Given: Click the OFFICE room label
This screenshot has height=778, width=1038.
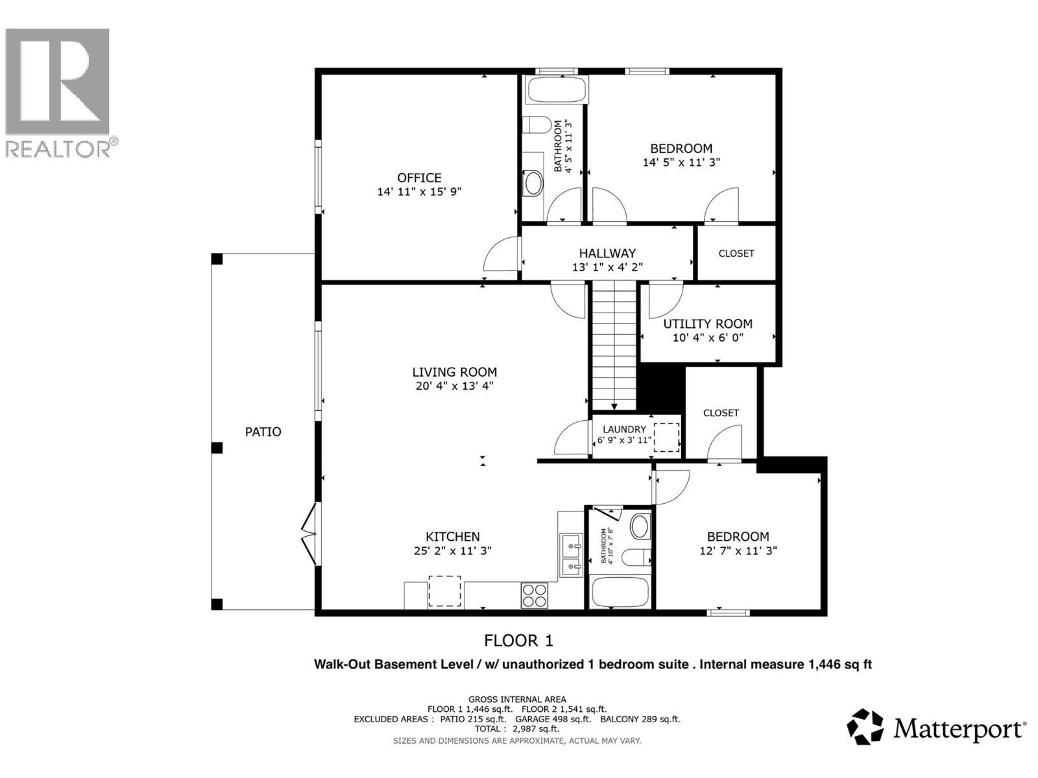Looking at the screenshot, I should point(419,178).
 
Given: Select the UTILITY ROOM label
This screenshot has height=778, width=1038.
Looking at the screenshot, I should point(708,324).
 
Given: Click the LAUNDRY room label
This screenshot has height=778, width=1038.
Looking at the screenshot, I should point(624,429).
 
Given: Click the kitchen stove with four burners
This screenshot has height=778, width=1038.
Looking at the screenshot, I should point(535,595).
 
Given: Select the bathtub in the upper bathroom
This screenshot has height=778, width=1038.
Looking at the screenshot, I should point(557,90).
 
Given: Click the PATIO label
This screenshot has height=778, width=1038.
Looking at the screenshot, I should point(263,432).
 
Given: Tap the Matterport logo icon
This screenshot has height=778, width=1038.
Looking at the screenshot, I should point(865,727).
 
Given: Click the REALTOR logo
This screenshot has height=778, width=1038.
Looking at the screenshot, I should point(58,91).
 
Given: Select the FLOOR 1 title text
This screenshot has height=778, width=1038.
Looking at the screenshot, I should point(518,641).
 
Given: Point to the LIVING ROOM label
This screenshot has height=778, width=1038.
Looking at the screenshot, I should point(454,372).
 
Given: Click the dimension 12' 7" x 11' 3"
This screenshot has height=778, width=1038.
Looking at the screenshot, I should point(738,550).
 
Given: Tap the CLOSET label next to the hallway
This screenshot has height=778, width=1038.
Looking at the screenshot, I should point(736,253).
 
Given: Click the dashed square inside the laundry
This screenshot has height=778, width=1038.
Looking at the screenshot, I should point(666,437).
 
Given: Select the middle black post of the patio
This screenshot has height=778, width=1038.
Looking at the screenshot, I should point(217,448).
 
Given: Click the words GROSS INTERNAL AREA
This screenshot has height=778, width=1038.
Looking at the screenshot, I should point(517,700).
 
